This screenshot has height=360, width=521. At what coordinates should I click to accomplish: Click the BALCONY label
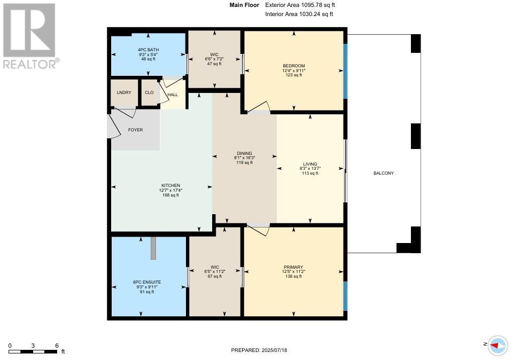click(x=384, y=173)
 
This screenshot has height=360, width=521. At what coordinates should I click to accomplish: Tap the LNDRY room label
click(x=124, y=92)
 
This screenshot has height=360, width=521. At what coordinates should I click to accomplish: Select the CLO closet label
click(x=149, y=92)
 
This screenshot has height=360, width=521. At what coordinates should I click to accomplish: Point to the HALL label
click(x=173, y=95)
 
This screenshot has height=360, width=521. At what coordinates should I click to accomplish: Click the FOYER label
click(x=136, y=130)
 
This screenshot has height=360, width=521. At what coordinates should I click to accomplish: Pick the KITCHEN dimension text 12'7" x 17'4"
click(x=171, y=190)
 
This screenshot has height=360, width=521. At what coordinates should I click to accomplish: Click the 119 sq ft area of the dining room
click(x=245, y=163)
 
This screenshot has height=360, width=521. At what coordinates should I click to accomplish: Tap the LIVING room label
click(x=310, y=164)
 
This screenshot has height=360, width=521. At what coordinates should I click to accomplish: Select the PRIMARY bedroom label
click(x=293, y=267)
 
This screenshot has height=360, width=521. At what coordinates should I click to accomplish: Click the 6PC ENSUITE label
click(x=147, y=282)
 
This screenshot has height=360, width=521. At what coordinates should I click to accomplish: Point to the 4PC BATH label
click(x=148, y=50)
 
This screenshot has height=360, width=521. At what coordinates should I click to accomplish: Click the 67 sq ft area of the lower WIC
click(x=215, y=276)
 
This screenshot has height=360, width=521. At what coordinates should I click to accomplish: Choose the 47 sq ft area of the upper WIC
click(x=214, y=64)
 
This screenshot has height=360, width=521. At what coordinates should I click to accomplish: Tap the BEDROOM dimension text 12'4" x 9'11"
click(x=294, y=71)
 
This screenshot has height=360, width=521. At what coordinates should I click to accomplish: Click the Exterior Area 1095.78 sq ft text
click(x=300, y=5)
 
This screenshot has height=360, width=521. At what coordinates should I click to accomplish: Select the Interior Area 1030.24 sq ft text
click(x=299, y=14)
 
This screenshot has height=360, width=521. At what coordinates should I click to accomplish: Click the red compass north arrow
click(x=494, y=346)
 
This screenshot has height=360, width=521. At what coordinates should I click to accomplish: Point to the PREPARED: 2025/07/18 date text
click(x=259, y=350)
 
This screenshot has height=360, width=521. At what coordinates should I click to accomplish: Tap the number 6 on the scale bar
click(x=57, y=346)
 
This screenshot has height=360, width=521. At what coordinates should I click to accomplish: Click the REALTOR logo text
click(x=31, y=64)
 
